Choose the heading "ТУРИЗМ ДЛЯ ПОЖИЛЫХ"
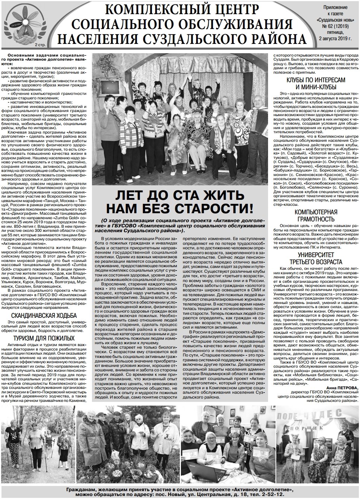[x=44, y=339]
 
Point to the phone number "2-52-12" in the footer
[x=271, y=495]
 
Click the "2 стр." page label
[x=38, y=45]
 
